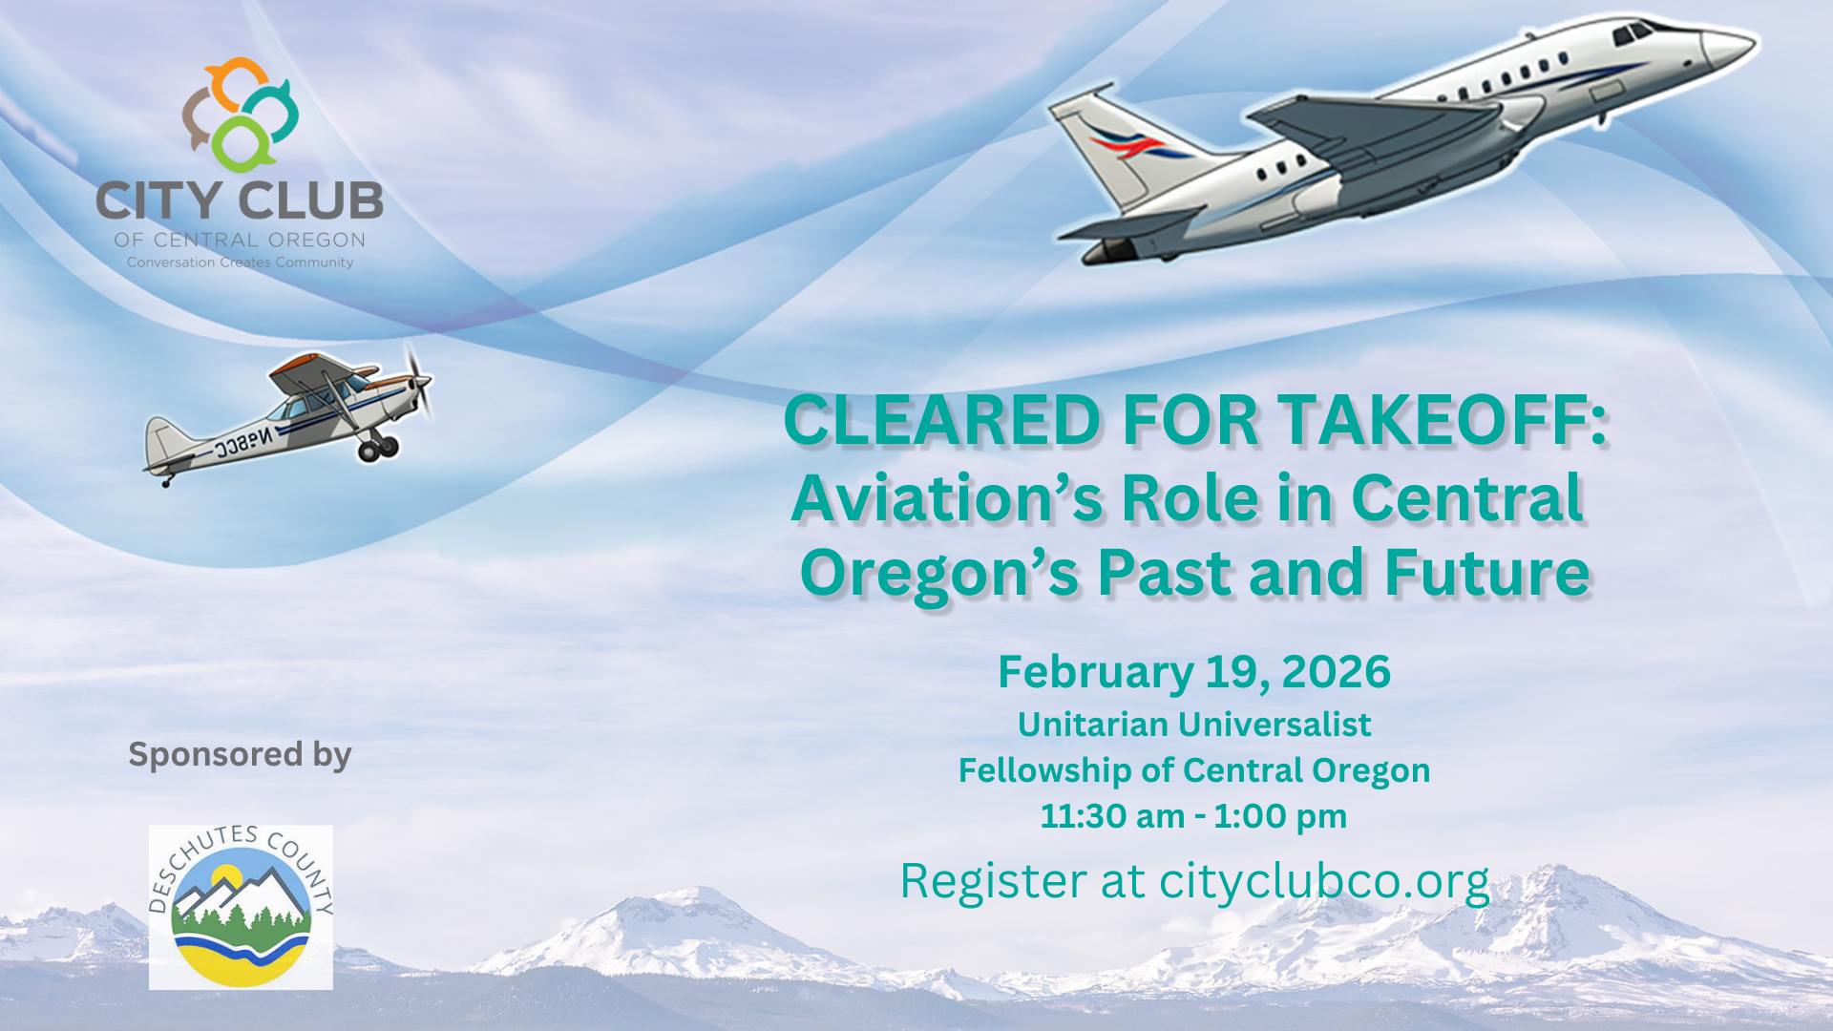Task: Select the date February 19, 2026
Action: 1194,672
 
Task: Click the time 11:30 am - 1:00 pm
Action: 1193,816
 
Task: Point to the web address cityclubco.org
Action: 1324,880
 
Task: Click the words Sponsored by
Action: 241,754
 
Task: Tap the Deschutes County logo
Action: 241,907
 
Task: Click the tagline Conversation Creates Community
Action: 241,263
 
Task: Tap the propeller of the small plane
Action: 417,383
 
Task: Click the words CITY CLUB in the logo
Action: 240,200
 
